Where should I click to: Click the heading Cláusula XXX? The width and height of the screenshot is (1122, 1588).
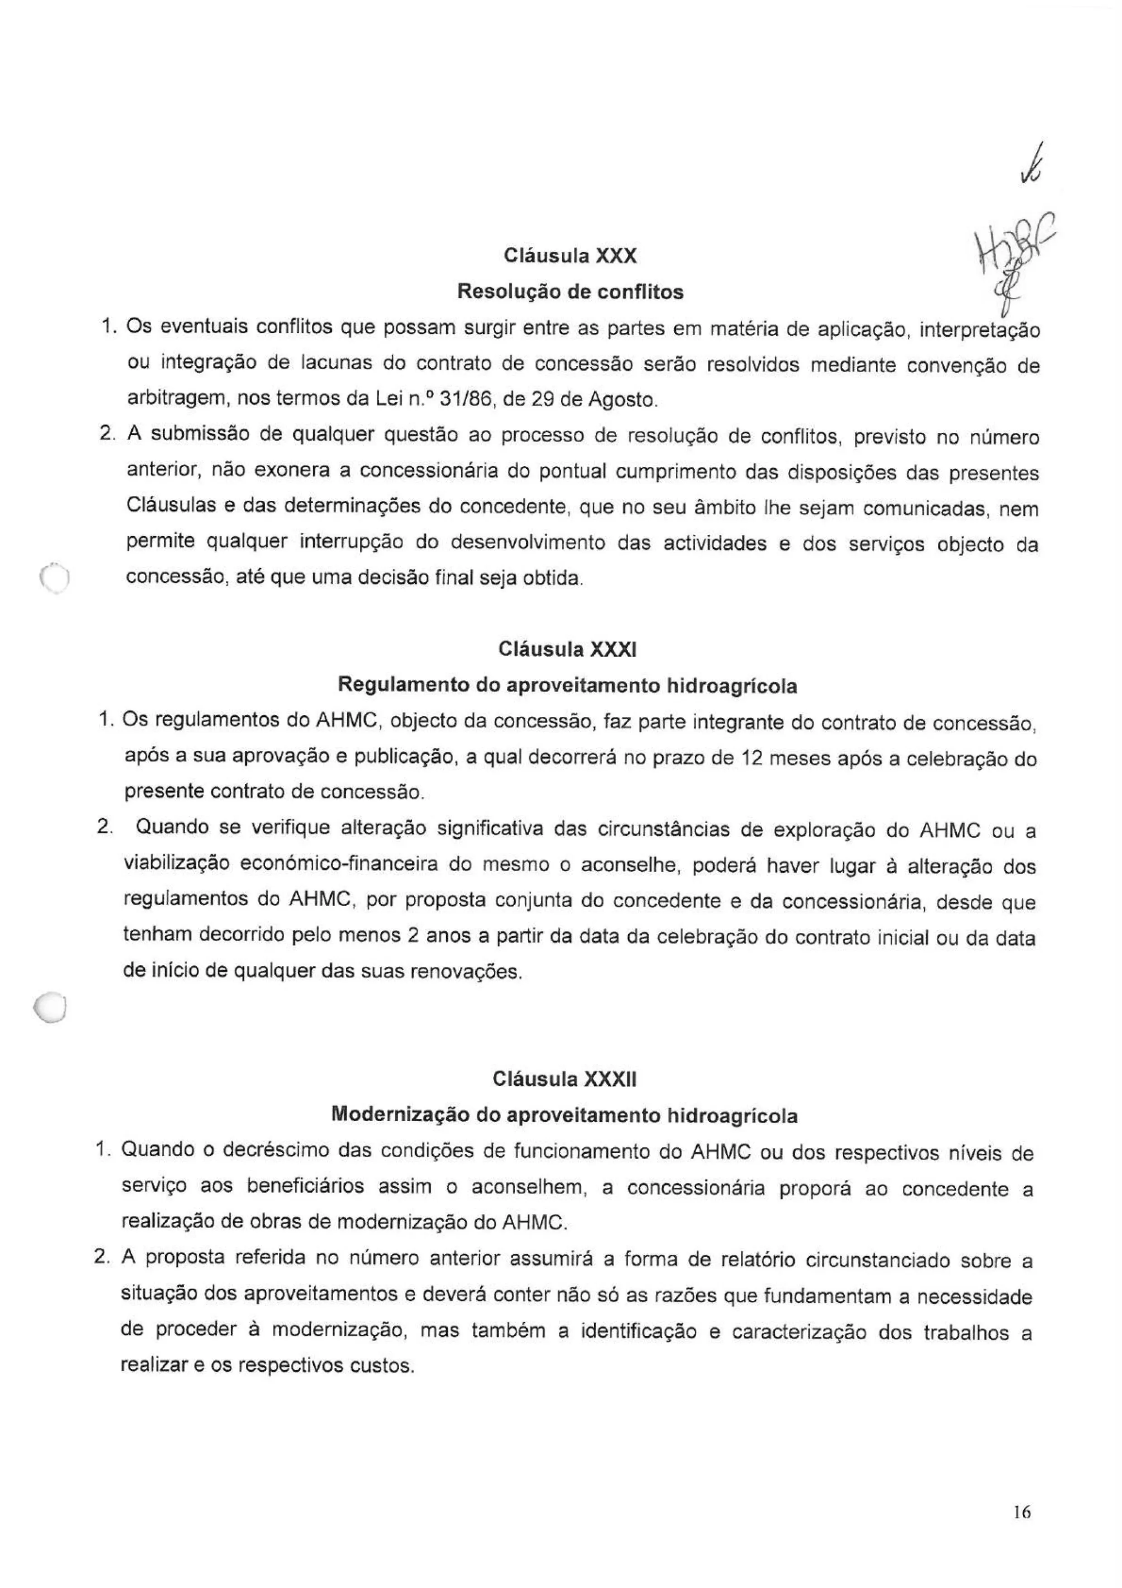[x=570, y=256]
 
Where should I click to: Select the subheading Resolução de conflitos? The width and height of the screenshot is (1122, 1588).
[x=570, y=292]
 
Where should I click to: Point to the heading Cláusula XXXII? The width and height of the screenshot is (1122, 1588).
[x=565, y=1079]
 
